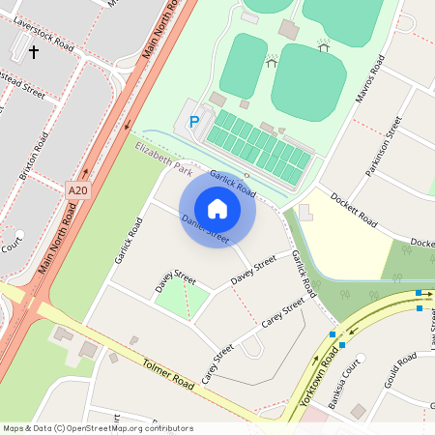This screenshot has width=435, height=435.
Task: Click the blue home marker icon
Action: (217, 208)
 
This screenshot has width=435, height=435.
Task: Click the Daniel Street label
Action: (205, 229)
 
